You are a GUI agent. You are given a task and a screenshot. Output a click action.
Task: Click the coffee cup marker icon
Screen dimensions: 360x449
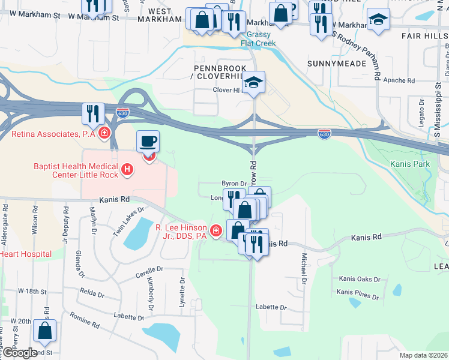click(148, 142)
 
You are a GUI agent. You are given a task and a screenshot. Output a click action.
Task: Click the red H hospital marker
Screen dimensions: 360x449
click(127, 170)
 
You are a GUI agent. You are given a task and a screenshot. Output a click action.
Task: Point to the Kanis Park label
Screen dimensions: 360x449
click(410, 164)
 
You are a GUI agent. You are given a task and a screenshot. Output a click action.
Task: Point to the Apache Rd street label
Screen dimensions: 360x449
click(399, 80)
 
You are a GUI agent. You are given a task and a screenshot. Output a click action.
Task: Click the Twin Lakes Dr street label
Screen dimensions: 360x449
click(130, 221)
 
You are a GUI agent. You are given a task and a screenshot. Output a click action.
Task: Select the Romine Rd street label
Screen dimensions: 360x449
click(84, 320)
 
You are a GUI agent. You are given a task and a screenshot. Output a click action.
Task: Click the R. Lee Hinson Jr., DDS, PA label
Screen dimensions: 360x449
click(181, 232)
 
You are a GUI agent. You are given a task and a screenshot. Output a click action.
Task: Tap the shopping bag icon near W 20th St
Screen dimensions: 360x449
click(45, 331)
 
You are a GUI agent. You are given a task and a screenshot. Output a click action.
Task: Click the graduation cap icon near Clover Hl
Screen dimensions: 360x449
click(254, 83)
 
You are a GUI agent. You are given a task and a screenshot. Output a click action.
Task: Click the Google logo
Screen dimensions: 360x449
click(20, 353)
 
